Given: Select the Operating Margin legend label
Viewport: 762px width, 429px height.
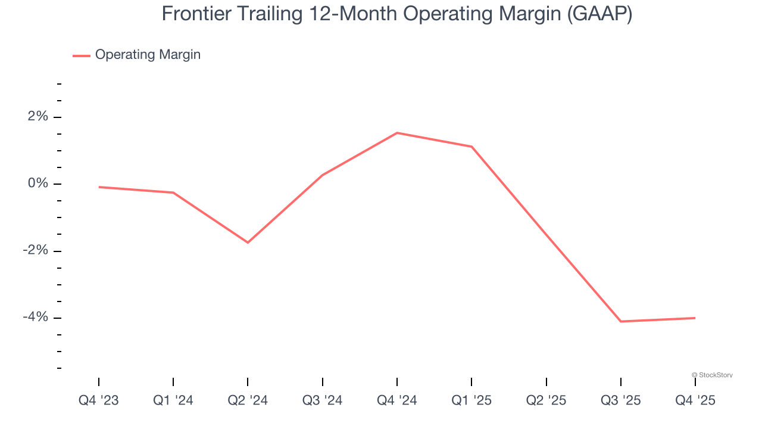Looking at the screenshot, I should pos(148,55).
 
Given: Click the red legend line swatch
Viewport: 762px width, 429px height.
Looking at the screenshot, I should pos(82,55).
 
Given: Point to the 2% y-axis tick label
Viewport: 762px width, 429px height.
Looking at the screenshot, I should pos(37,117).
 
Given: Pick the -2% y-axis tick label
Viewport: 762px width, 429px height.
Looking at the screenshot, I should pos(35,250).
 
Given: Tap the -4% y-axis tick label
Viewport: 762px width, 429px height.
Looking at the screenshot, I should pos(35,317).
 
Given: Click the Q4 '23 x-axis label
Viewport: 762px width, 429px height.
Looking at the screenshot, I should pos(99,401).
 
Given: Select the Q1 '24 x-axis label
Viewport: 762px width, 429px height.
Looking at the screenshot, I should pos(173,401).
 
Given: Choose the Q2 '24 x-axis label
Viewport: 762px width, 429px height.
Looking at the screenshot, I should pos(248,401).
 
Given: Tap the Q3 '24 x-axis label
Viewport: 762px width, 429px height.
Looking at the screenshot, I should pos(322,401).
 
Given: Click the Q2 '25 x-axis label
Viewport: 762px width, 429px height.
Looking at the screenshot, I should pos(546,401).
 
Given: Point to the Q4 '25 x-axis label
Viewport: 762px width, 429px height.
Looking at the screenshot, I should pos(695,401).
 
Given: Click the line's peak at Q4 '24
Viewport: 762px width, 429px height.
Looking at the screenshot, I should pos(397,133).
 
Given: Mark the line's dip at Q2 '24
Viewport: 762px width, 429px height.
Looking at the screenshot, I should pos(248,243).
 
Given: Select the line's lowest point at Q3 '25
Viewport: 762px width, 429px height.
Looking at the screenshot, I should pos(620,322).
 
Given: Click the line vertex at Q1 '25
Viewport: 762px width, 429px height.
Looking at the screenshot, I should pos(471,147).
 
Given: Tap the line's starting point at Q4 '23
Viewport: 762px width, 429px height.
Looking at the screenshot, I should pos(99,187).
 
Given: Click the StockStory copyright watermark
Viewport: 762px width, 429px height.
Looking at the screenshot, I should pos(712,375).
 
